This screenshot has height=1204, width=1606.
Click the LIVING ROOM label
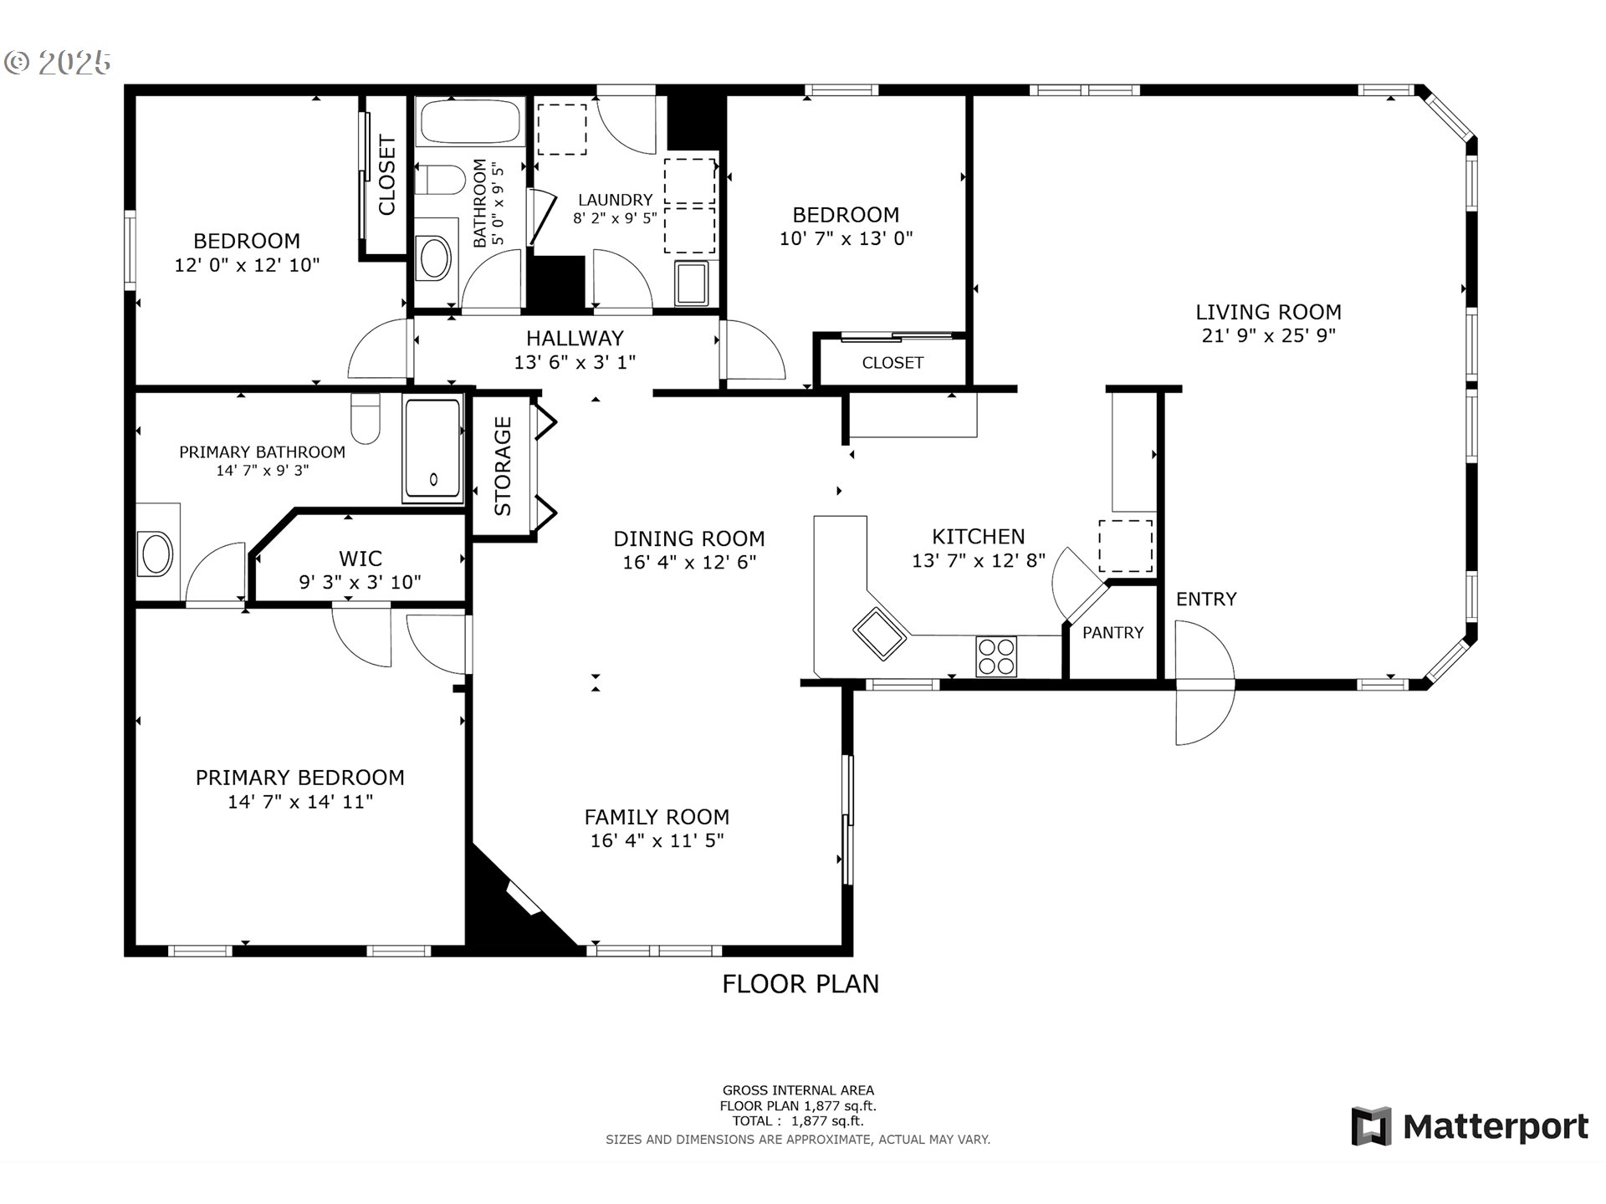pyautogui.click(x=1268, y=312)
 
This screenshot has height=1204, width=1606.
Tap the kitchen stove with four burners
pyautogui.click(x=995, y=656)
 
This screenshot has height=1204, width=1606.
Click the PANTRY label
pyautogui.click(x=1112, y=633)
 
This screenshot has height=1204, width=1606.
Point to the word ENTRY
pyautogui.click(x=1205, y=599)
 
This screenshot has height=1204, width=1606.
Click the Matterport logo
pyautogui.click(x=1470, y=1126)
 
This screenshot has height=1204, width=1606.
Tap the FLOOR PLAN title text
pyautogui.click(x=800, y=984)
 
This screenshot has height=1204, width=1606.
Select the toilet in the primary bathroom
pyautogui.click(x=366, y=420)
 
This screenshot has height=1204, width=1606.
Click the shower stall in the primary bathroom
pyautogui.click(x=432, y=451)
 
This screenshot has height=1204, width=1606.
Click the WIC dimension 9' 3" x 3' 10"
pyautogui.click(x=360, y=582)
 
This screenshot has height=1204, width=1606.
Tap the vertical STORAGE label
pyautogui.click(x=503, y=466)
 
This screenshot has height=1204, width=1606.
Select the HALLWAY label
pyautogui.click(x=575, y=338)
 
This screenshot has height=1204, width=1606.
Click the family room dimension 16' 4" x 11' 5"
pyautogui.click(x=657, y=840)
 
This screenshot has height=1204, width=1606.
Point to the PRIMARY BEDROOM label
pyautogui.click(x=299, y=778)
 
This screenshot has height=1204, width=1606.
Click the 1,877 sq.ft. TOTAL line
pyautogui.click(x=797, y=1121)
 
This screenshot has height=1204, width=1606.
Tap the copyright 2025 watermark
pyautogui.click(x=59, y=63)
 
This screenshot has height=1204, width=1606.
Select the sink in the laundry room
pyautogui.click(x=692, y=283)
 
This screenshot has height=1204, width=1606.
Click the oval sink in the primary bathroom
pyautogui.click(x=156, y=554)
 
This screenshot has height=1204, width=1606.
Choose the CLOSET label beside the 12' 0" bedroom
pyautogui.click(x=386, y=176)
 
